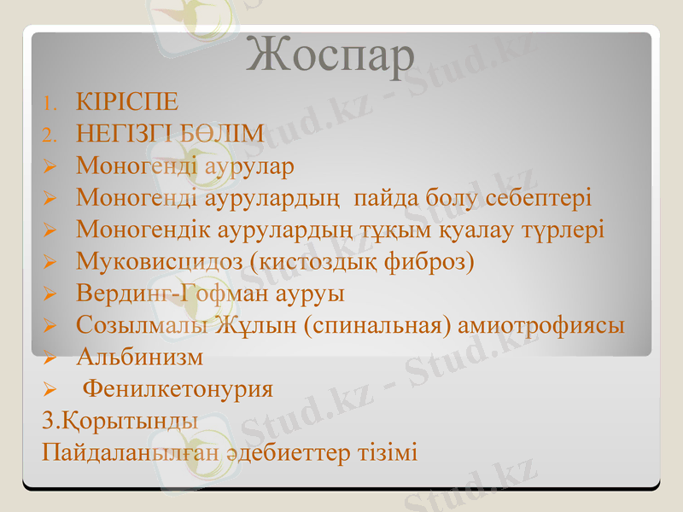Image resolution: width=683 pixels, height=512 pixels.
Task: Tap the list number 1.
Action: (49, 104)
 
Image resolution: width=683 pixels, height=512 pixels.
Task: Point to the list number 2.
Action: (49, 136)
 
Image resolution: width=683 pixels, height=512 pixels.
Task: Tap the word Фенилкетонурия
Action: (178, 389)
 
